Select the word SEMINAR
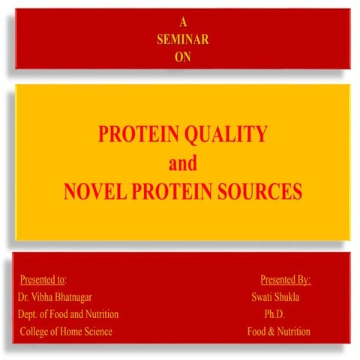tap(183, 40)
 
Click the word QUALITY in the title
tap(228, 134)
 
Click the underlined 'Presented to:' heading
tap(43, 280)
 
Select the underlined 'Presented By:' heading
tap(286, 280)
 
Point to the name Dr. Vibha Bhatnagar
tap(55, 297)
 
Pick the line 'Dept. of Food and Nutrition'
tap(68, 313)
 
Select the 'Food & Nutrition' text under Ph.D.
tap(279, 331)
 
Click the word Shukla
tap(295, 297)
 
